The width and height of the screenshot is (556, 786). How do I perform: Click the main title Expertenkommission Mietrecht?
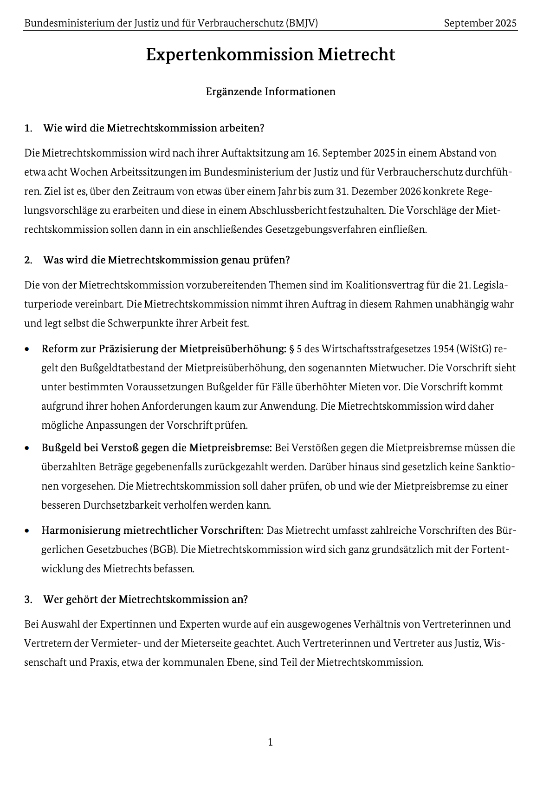tap(271, 55)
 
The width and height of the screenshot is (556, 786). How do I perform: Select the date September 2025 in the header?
tap(480, 23)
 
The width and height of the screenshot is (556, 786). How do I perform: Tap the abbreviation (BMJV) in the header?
tap(302, 23)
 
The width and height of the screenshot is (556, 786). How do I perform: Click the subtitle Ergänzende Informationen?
tap(271, 92)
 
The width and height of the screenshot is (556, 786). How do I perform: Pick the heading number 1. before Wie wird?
tap(28, 128)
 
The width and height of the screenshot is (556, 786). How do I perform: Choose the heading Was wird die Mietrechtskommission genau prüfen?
tap(166, 260)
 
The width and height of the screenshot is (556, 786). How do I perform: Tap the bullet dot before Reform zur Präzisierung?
tap(28, 349)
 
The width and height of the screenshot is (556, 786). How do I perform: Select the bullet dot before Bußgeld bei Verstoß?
tap(28, 448)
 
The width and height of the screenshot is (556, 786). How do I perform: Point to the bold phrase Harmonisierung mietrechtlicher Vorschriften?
tap(153, 531)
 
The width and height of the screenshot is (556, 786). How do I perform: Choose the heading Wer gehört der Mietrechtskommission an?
tap(145, 599)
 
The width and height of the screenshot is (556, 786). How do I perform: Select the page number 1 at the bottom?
tap(271, 742)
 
